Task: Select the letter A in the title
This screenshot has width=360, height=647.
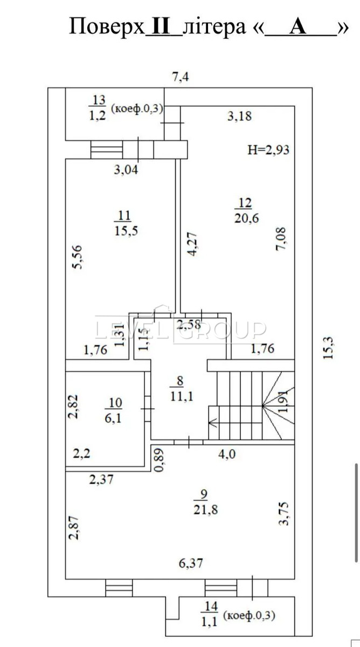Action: (x=298, y=27)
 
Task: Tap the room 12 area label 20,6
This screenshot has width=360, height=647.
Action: (x=246, y=218)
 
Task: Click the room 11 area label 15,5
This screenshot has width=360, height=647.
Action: (x=126, y=231)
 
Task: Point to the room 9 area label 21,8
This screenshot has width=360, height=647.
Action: (x=205, y=510)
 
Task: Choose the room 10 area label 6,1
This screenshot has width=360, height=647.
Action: (x=113, y=418)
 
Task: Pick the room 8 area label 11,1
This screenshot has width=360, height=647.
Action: (x=182, y=396)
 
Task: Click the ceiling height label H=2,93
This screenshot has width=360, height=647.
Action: (x=268, y=150)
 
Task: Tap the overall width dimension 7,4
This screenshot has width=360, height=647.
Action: (x=181, y=77)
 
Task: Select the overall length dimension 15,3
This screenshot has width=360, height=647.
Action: (x=328, y=348)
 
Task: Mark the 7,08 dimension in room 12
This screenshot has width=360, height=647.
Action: (x=281, y=239)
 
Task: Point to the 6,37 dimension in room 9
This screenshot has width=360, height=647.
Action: (x=191, y=563)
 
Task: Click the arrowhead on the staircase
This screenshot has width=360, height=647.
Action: (x=213, y=424)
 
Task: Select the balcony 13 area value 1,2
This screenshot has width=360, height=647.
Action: (x=98, y=116)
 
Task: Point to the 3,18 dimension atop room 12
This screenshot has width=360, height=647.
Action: (x=240, y=116)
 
